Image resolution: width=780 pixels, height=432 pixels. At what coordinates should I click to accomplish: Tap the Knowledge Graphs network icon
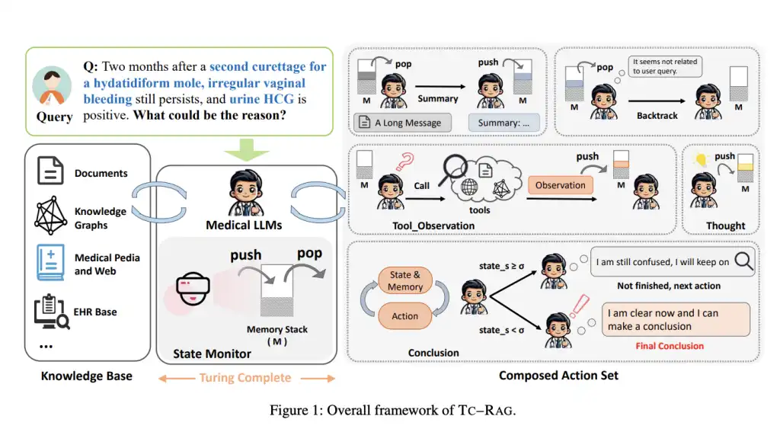51,214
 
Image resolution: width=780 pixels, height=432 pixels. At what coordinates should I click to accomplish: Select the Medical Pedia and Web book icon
50,264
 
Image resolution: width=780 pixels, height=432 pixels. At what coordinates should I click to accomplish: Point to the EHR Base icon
51,312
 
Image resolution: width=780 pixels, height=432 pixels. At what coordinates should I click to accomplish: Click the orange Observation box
560,185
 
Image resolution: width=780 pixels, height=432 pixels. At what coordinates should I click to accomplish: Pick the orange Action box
404,316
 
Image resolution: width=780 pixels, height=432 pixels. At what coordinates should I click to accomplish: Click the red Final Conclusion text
670,346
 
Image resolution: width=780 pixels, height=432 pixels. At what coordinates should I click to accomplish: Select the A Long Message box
403,122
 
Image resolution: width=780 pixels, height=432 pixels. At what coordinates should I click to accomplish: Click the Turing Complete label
245,378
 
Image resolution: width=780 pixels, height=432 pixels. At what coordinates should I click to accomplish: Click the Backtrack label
657,116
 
